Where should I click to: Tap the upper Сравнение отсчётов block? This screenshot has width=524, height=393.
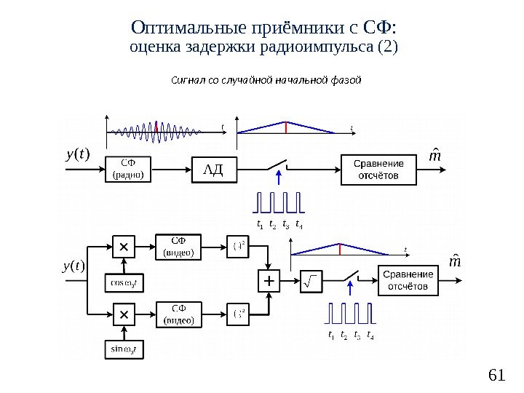click(379, 170)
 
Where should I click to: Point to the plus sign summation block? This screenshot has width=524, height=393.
click(269, 280)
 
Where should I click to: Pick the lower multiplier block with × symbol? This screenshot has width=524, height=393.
click(123, 315)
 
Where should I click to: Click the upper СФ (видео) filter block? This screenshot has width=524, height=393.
click(178, 247)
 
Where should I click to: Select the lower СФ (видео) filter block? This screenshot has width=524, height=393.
click(178, 315)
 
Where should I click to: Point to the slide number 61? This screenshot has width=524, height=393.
click(496, 375)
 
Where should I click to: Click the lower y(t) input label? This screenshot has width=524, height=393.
click(74, 266)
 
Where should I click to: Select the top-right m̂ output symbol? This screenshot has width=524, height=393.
click(436, 156)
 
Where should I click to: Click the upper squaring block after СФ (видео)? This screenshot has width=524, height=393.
click(238, 247)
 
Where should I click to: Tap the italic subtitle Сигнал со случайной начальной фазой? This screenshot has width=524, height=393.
click(266, 79)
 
